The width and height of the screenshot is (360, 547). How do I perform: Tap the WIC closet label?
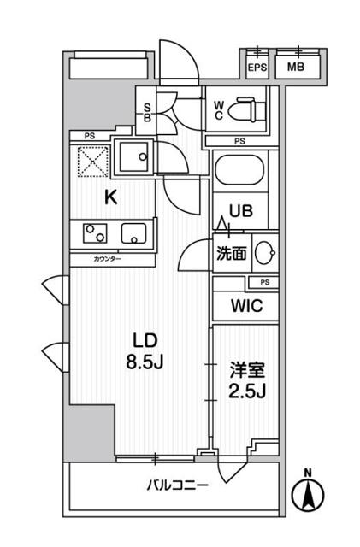tap(244, 306)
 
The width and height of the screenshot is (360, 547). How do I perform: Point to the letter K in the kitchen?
tap(110, 198)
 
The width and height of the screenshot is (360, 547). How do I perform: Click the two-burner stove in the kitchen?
tap(94, 232)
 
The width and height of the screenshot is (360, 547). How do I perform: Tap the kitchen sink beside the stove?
tap(134, 232)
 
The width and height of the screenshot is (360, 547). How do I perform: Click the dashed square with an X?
tap(91, 160)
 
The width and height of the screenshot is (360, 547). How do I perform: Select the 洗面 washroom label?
tap(230, 253)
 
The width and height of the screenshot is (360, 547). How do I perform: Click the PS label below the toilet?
tap(239, 142)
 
